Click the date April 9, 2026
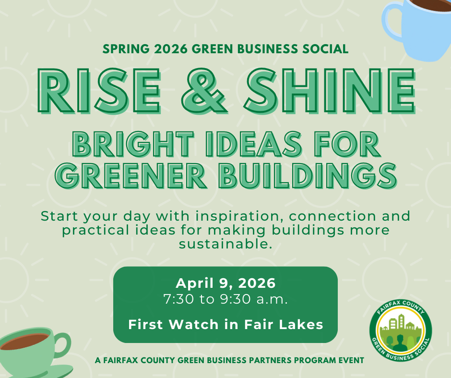click(225, 283)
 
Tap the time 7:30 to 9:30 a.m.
click(225, 300)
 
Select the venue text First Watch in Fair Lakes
click(225, 325)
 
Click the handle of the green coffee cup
click(62, 344)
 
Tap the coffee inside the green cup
click(24, 342)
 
